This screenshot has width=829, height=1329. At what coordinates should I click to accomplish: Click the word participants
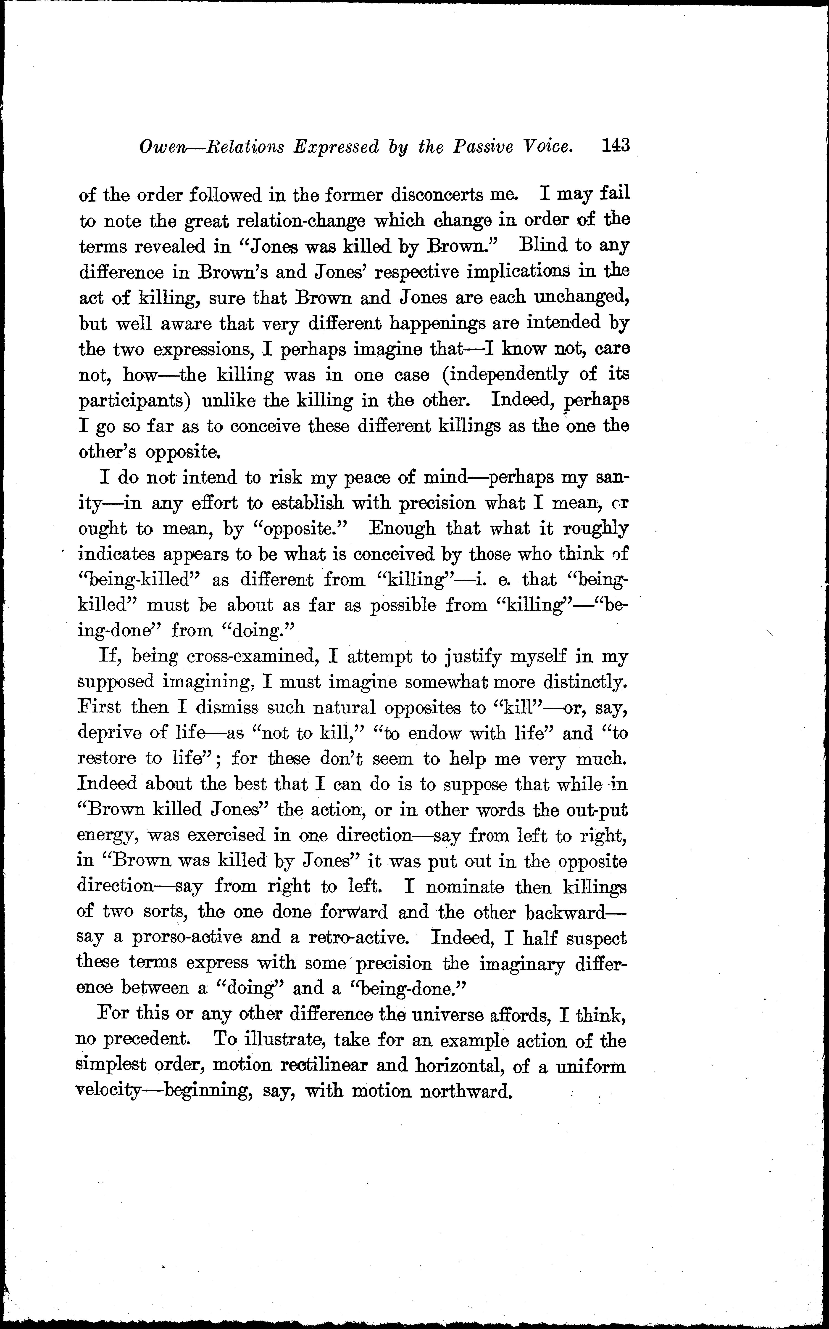click(135, 401)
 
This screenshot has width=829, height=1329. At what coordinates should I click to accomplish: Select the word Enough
click(403, 528)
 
